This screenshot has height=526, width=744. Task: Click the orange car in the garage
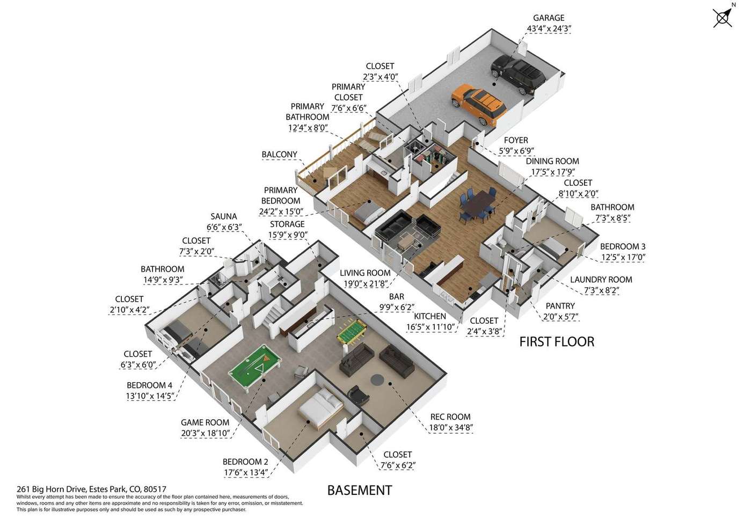[479, 104]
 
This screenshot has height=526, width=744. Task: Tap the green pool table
[255, 368]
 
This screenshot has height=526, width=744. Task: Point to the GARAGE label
[549, 18]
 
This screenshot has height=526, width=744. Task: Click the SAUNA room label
[223, 216]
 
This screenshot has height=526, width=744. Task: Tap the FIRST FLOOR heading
[557, 342]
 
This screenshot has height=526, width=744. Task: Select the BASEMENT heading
[360, 490]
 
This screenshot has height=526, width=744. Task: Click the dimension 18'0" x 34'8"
[451, 427]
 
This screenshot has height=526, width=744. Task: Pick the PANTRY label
[560, 306]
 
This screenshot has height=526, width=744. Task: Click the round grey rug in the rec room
[377, 379]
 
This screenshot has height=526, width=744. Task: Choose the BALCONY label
[279, 155]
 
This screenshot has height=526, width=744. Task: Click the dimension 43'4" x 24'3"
[549, 29]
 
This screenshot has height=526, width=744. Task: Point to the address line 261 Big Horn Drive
[91, 489]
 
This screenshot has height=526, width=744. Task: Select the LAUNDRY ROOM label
[601, 280]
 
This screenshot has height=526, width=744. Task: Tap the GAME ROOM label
[205, 422]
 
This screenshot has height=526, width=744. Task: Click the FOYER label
[516, 141]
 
